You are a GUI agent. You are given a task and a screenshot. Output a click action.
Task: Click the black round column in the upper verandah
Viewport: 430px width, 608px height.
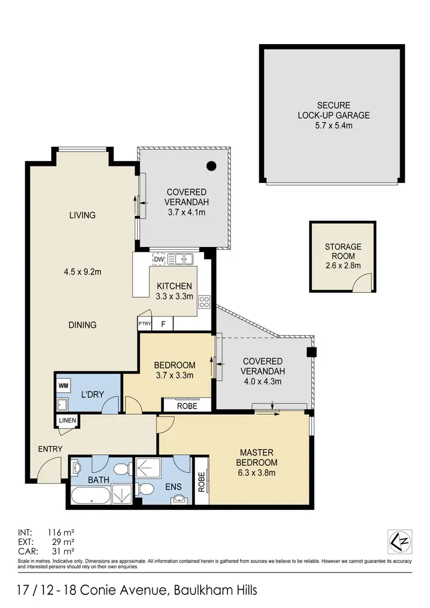[x=212, y=166]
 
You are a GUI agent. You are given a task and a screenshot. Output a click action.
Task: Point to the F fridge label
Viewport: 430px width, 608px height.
[x=163, y=324]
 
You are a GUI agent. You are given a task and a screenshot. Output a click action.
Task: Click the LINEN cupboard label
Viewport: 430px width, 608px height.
[x=68, y=421]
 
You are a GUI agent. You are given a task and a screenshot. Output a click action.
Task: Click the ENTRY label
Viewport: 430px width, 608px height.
[x=50, y=449]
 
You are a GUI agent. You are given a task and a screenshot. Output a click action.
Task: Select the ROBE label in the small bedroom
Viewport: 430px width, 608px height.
[x=187, y=406]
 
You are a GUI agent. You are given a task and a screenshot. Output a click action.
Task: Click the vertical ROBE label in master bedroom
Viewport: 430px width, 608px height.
[x=201, y=481]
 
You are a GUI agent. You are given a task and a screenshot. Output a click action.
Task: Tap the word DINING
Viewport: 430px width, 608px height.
[x=83, y=325]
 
